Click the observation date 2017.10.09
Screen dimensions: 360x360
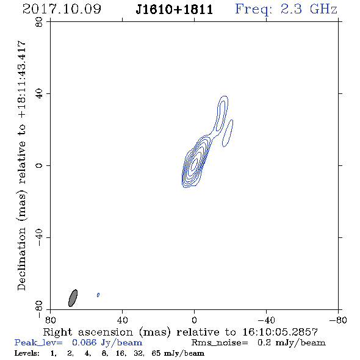pyautogui.click(x=62, y=9)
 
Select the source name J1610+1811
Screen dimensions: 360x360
pyautogui.click(x=175, y=10)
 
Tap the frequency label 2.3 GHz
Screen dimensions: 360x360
pyautogui.click(x=309, y=9)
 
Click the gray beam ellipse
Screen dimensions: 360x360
pyautogui.click(x=73, y=298)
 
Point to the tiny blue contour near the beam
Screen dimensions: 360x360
pyautogui.click(x=98, y=295)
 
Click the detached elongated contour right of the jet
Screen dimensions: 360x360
pyautogui.click(x=228, y=133)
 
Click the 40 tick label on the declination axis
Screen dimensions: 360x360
pyautogui.click(x=39, y=94)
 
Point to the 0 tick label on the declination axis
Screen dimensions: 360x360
pyautogui.click(x=39, y=165)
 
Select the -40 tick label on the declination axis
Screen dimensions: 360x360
pyautogui.click(x=39, y=237)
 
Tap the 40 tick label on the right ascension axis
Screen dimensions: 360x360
pyautogui.click(x=122, y=320)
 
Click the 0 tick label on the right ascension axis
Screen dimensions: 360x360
pyautogui.click(x=194, y=320)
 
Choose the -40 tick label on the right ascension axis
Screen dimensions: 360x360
pyautogui.click(x=266, y=320)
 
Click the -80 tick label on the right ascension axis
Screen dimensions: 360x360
pyautogui.click(x=338, y=320)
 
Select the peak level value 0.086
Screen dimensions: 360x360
pyautogui.click(x=84, y=342)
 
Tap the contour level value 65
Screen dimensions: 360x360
pyautogui.click(x=156, y=353)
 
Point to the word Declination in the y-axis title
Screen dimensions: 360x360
pyautogui.click(x=21, y=259)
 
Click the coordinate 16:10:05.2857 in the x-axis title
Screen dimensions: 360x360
pyautogui.click(x=280, y=332)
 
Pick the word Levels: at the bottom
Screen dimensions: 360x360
pyautogui.click(x=27, y=353)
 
